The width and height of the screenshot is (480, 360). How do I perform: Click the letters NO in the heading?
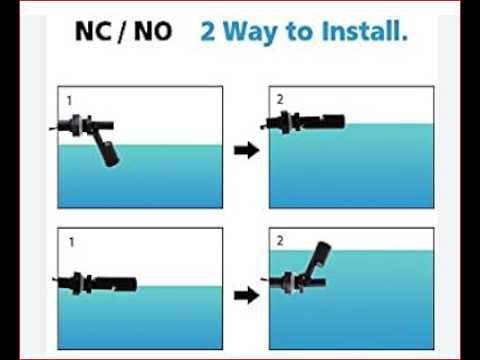pos(151,32)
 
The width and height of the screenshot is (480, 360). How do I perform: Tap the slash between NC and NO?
pos(122,32)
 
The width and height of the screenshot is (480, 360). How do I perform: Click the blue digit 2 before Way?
pos(209,32)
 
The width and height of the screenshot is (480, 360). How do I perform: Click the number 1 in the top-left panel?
pos(69,100)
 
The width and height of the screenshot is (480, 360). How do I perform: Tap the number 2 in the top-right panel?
pos(280,100)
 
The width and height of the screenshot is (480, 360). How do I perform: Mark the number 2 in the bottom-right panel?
pos(280,241)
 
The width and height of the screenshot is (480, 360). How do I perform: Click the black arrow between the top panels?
pos(244,150)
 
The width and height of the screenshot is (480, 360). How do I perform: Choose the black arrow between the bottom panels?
pos(244,295)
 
